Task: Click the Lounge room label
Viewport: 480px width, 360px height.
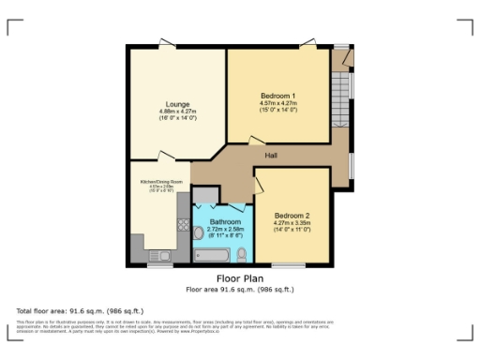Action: pos(178,103)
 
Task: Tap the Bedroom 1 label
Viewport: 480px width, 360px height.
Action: pos(277,96)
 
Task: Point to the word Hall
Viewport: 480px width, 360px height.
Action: pos(271,155)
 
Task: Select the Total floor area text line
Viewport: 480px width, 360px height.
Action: pos(65,309)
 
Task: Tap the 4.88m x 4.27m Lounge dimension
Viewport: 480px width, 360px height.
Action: pos(178,112)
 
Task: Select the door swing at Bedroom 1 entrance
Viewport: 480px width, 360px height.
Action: pos(254,141)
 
